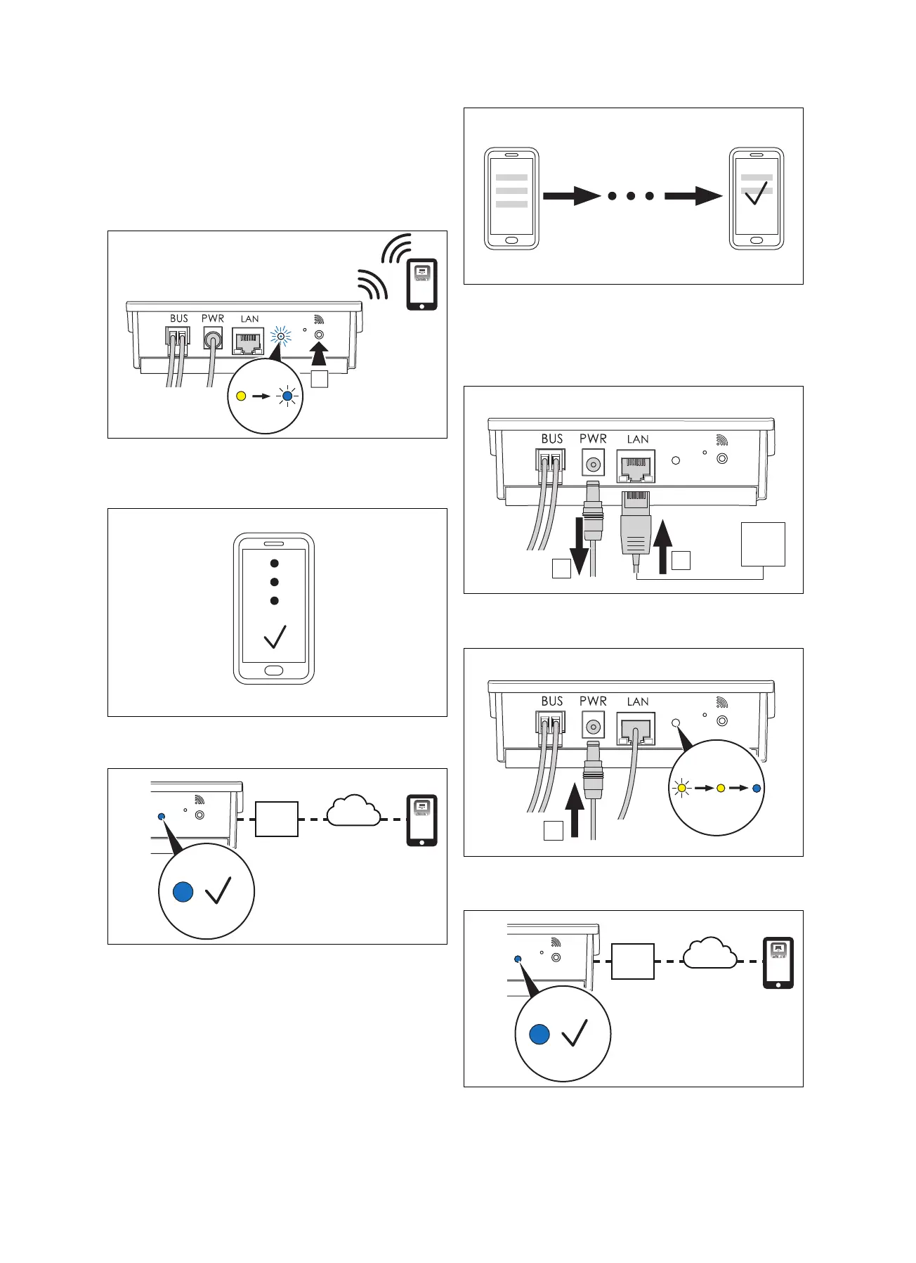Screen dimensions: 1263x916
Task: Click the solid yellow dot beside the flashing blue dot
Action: [241, 396]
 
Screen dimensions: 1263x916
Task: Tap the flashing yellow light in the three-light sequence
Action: [681, 788]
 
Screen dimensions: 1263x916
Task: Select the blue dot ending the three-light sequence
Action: [756, 788]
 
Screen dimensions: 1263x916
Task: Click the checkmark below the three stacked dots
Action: [274, 637]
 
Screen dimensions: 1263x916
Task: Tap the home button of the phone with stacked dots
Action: [274, 671]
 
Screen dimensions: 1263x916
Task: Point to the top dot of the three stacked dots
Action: [274, 563]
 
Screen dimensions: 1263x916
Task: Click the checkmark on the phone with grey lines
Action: [756, 193]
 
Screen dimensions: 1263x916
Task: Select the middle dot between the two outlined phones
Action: [631, 196]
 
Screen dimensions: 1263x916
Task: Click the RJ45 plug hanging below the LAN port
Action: [636, 524]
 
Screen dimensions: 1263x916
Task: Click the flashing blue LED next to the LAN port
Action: [281, 337]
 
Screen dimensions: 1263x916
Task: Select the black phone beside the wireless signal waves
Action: [422, 284]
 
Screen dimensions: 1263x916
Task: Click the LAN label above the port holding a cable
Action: [637, 701]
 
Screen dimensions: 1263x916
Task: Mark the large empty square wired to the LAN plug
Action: [763, 544]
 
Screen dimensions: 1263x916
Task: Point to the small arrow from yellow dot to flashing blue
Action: [261, 396]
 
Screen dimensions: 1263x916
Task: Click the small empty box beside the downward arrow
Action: [561, 568]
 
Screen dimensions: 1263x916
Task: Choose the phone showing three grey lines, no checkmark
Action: [511, 197]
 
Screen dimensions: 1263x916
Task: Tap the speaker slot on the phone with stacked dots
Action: [274, 543]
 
